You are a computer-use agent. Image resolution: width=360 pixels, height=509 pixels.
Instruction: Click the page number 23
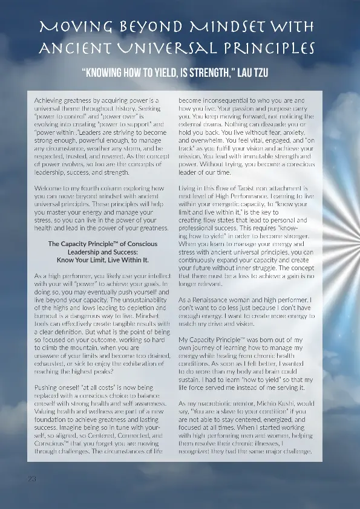32,478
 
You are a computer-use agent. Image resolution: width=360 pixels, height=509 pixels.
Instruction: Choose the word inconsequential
223,99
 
